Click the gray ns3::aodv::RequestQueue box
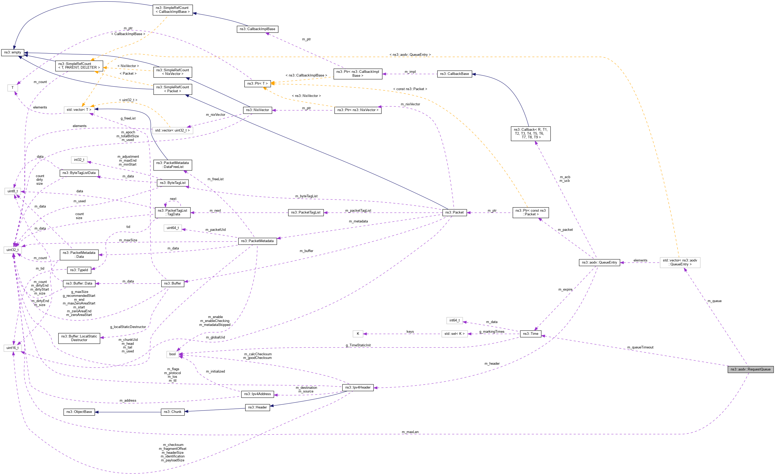(x=750, y=369)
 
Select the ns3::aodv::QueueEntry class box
(x=599, y=263)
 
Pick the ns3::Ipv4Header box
(x=358, y=387)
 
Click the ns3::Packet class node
(x=454, y=212)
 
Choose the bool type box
(x=172, y=354)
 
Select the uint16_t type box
(x=13, y=348)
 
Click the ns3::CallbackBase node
(x=454, y=74)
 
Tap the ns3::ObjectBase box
(x=79, y=412)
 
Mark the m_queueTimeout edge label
(x=640, y=347)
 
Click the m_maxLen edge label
(x=410, y=432)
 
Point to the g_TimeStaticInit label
(x=358, y=345)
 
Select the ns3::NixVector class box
(x=257, y=110)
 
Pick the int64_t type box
(x=454, y=320)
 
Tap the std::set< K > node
(x=454, y=334)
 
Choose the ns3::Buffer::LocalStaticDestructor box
(x=79, y=338)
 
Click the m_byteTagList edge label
(x=306, y=196)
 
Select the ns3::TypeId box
(x=79, y=270)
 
